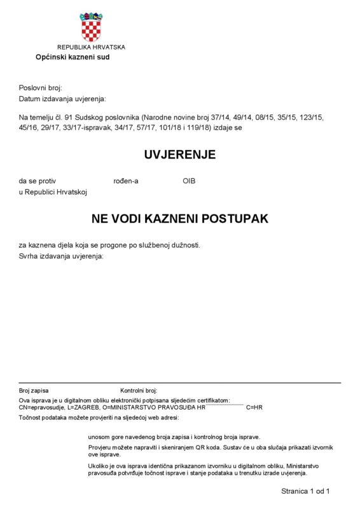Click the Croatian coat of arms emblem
(x=90, y=27)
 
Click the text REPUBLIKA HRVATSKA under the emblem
(x=91, y=47)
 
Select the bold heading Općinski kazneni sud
(x=73, y=57)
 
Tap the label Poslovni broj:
(x=41, y=87)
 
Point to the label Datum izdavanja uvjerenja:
(x=62, y=99)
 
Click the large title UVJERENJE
(x=179, y=155)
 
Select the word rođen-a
(x=126, y=181)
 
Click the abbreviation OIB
(x=189, y=181)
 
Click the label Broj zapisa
(x=34, y=390)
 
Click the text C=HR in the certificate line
(x=254, y=407)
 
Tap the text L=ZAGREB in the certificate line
(x=80, y=407)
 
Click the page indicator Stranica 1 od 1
(x=305, y=491)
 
